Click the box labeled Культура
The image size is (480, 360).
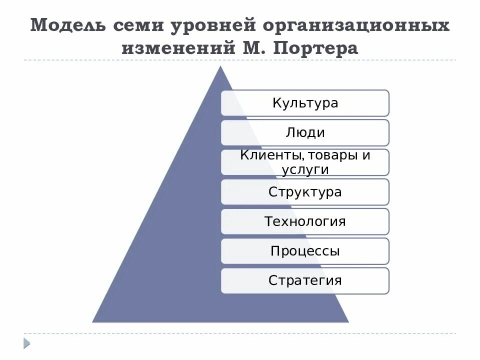point(305,103)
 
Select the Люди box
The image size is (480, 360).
point(305,132)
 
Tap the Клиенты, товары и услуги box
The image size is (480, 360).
point(305,162)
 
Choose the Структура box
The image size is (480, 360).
point(305,192)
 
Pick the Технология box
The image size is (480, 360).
point(305,221)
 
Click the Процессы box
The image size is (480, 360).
point(305,251)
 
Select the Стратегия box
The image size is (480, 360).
point(305,280)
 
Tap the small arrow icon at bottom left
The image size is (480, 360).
point(26,342)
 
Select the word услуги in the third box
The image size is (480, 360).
point(305,169)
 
